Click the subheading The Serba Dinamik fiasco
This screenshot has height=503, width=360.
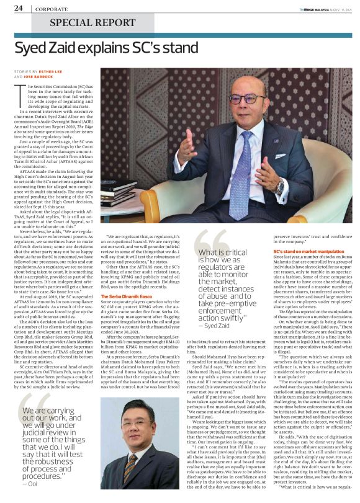pos(124,298)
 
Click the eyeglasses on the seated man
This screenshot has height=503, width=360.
pos(246,99)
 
